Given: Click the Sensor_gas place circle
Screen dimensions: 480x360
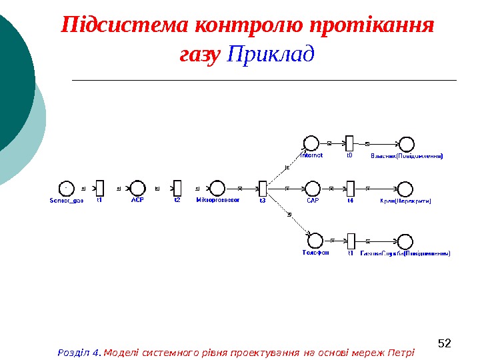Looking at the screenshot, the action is point(66,188).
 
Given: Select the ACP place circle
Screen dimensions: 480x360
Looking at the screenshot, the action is point(137,188).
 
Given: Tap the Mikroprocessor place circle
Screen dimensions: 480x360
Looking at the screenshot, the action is point(217,188).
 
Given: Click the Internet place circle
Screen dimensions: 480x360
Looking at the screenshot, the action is point(311,143).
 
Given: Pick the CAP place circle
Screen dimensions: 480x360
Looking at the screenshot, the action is point(312,188).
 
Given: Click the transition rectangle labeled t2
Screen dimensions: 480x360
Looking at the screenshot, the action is point(177,188).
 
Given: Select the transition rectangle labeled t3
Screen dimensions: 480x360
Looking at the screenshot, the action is point(263,188).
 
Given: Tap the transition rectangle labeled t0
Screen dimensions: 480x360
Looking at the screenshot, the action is point(349,143).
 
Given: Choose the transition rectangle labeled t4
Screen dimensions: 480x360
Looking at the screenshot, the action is point(350,188).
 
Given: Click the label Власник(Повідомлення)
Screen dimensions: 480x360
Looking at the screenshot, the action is point(407,156).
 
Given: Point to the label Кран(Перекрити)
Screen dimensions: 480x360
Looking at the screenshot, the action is point(405,200).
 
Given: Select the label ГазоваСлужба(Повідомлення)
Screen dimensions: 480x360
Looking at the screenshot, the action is point(405,253).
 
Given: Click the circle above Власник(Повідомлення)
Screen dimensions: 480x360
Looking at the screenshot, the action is point(406,143).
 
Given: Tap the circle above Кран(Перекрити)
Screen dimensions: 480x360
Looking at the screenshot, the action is point(405,188).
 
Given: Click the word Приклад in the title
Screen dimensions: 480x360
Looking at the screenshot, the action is point(270,53).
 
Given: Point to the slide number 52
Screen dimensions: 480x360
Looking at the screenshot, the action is point(445,344).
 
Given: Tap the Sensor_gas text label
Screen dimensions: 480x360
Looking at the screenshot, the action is point(67,200).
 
